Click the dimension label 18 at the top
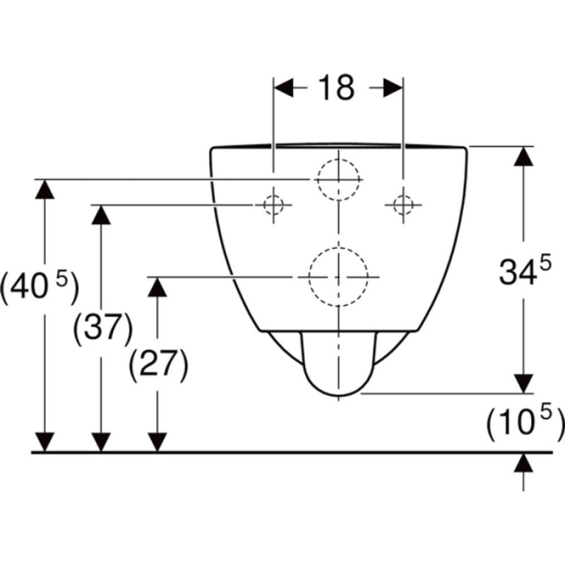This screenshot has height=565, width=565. pyautogui.click(x=337, y=88)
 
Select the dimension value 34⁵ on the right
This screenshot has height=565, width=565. pyautogui.click(x=525, y=270)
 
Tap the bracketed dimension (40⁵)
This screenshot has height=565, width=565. pyautogui.click(x=39, y=287)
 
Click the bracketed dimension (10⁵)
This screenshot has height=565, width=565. pyautogui.click(x=525, y=423)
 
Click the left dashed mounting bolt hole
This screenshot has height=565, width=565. pyautogui.click(x=273, y=205)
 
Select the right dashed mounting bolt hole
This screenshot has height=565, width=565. pyautogui.click(x=403, y=205)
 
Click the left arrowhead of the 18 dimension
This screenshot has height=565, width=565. pyautogui.click(x=284, y=88)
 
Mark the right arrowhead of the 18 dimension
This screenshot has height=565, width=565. pyautogui.click(x=393, y=88)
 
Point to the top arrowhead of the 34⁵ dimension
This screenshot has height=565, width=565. pyautogui.click(x=523, y=156)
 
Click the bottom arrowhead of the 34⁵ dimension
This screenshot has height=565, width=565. pyautogui.click(x=523, y=383)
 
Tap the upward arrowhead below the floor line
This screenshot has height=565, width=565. pyautogui.click(x=523, y=463)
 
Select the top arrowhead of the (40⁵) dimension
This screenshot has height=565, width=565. pyautogui.click(x=44, y=189)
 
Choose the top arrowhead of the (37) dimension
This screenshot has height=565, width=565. pyautogui.click(x=101, y=215)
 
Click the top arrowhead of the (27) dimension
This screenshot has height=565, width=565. pyautogui.click(x=157, y=287)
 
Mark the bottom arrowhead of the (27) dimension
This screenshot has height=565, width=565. pyautogui.click(x=157, y=442)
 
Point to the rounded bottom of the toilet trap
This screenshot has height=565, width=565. pyautogui.click(x=338, y=395)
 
